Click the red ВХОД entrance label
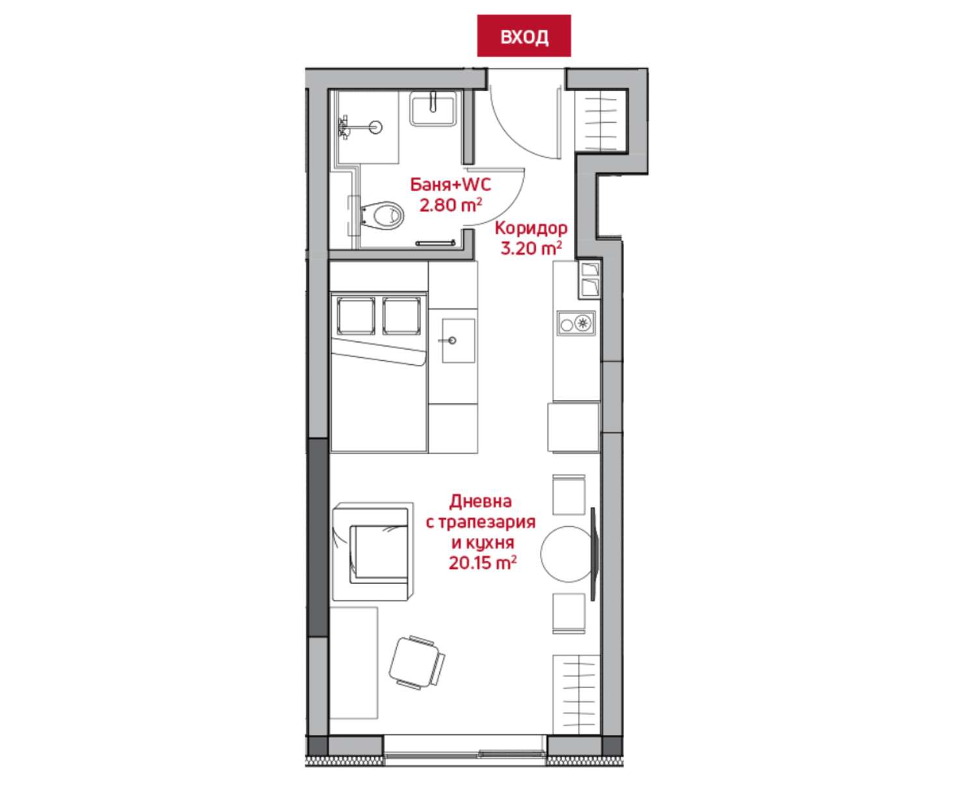tap(524, 36)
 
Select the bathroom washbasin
tap(433, 108)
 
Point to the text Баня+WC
tap(451, 185)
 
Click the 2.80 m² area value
tap(451, 205)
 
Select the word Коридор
tap(531, 228)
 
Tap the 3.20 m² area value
tap(531, 248)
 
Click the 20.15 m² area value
tap(482, 562)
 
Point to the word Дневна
tap(481, 501)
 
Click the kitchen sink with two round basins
tap(576, 323)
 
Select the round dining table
tap(567, 554)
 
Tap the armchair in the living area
tap(373, 552)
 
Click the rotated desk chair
tap(416, 663)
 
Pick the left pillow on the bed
tap(356, 315)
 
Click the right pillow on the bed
tap(401, 315)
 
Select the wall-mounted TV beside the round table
tap(593, 554)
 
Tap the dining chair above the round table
tap(569, 495)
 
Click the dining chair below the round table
tap(569, 613)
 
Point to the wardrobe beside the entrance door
tap(600, 120)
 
